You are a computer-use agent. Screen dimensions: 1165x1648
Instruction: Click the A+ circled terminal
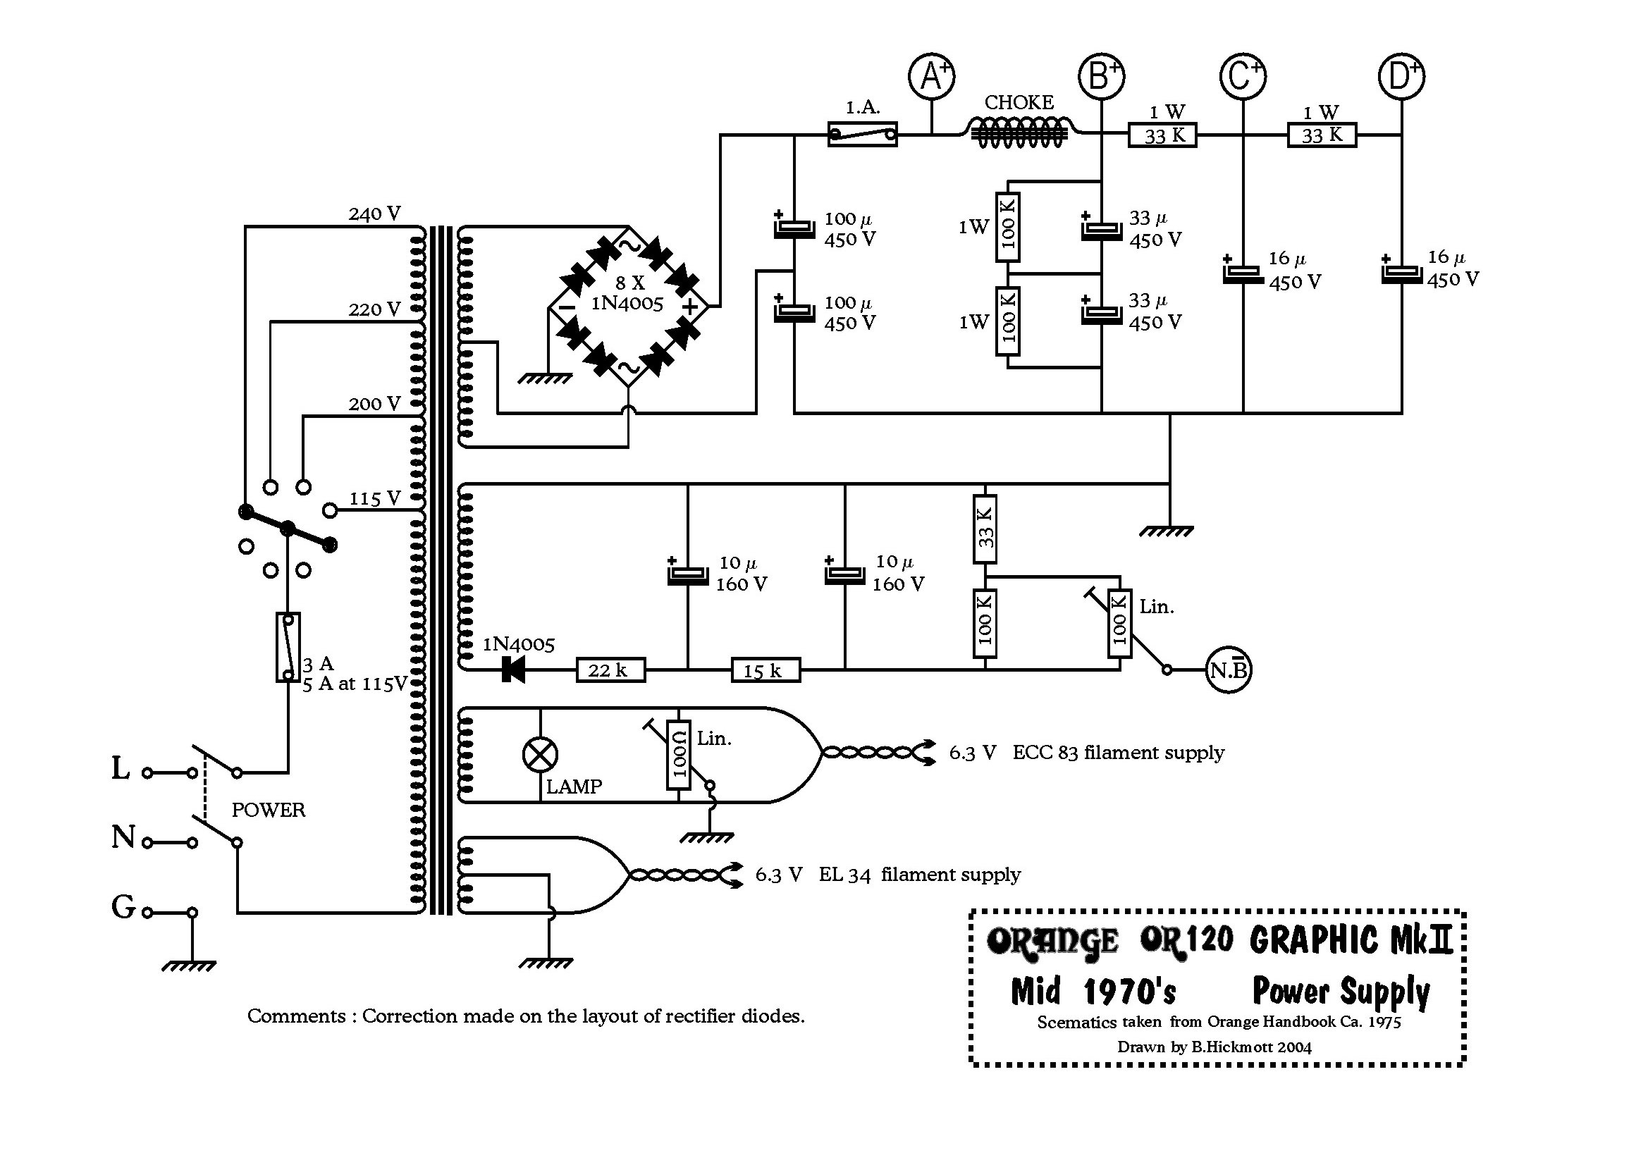pyautogui.click(x=931, y=75)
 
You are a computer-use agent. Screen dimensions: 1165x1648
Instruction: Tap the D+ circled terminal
pyautogui.click(x=1401, y=75)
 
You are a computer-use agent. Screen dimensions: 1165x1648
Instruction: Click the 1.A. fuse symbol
pyautogui.click(x=862, y=134)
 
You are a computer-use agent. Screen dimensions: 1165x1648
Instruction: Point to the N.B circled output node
pyautogui.click(x=1228, y=670)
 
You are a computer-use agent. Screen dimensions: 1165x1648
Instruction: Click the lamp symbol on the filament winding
pyautogui.click(x=540, y=754)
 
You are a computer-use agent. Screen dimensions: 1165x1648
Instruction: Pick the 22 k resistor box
pyautogui.click(x=610, y=670)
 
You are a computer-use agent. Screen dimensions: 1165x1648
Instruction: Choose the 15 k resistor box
pyautogui.click(x=765, y=670)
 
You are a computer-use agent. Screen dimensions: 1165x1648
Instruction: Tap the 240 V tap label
pyautogui.click(x=374, y=214)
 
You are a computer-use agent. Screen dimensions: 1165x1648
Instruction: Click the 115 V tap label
pyautogui.click(x=374, y=498)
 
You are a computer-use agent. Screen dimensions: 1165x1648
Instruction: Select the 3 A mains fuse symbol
pyautogui.click(x=288, y=647)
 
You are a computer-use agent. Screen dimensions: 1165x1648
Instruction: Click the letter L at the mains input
pyautogui.click(x=121, y=769)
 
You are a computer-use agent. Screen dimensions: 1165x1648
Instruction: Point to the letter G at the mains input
pyautogui.click(x=123, y=906)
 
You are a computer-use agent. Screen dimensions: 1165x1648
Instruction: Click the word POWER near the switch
pyautogui.click(x=268, y=810)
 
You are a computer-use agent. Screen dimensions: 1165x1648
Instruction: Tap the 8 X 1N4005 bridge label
pyautogui.click(x=627, y=293)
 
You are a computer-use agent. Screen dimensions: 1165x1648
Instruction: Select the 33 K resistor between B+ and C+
pyautogui.click(x=1162, y=135)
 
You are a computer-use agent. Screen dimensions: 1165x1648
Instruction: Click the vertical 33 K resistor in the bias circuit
pyautogui.click(x=985, y=529)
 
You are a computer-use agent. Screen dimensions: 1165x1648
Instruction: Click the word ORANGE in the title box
pyautogui.click(x=1052, y=941)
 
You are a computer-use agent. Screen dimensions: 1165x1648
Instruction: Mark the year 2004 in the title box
pyautogui.click(x=1294, y=1047)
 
